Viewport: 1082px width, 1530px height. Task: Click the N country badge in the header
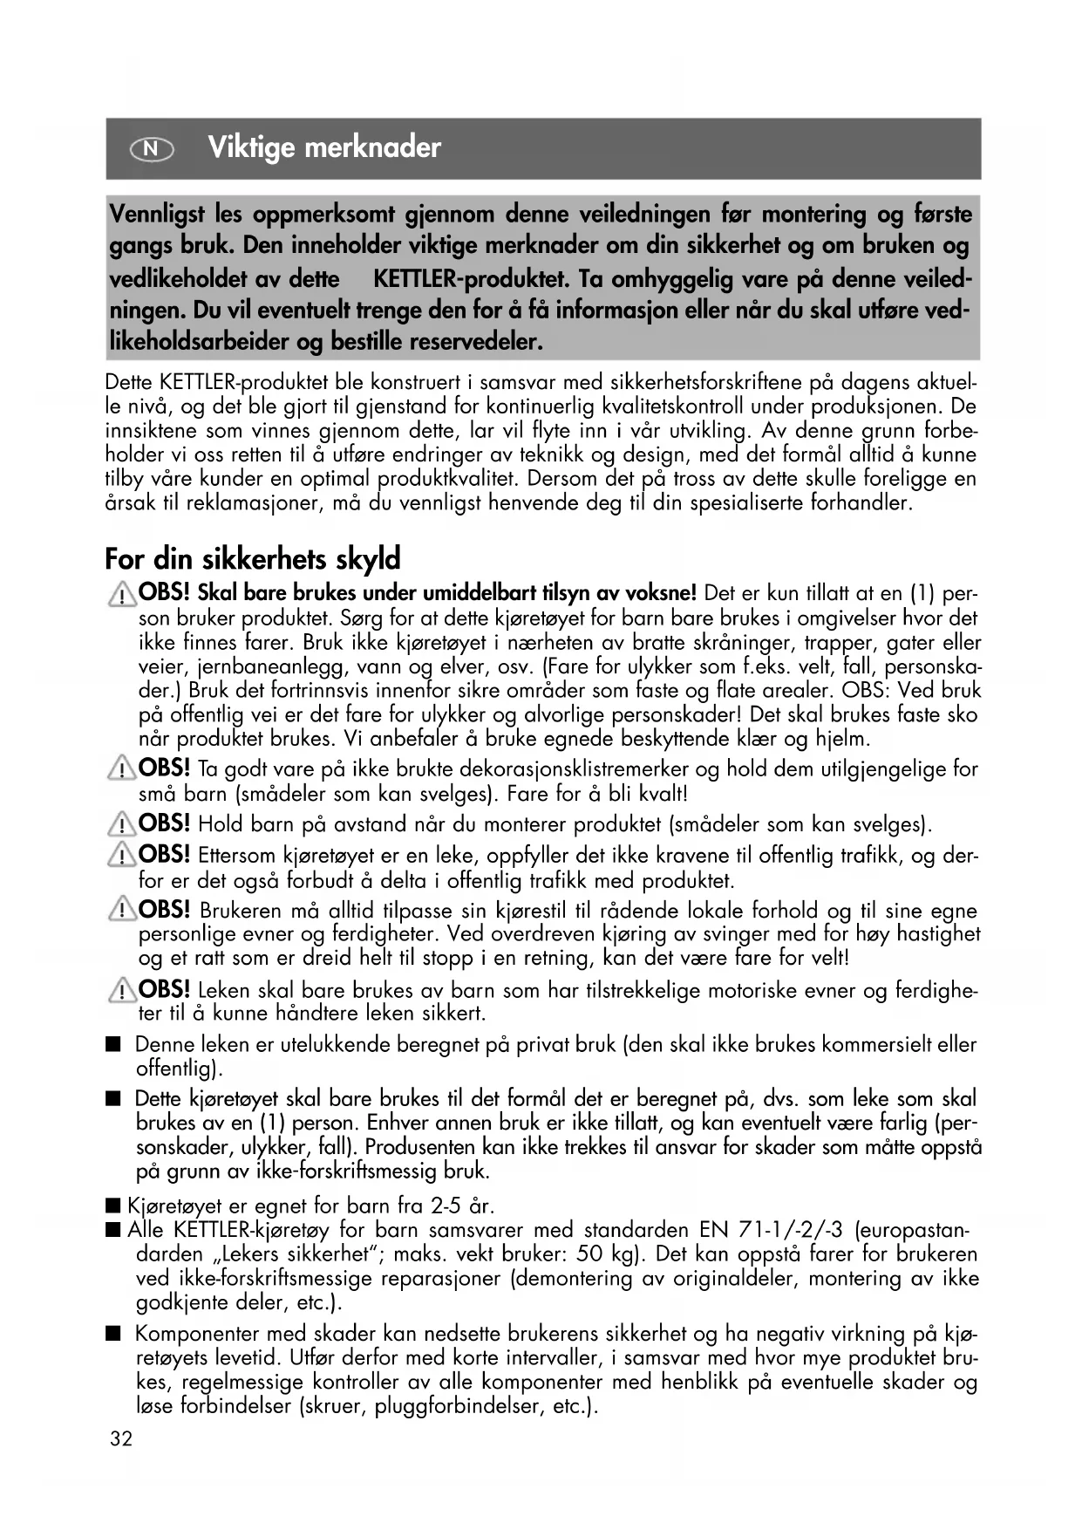[152, 149]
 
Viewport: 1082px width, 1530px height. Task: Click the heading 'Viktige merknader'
[324, 147]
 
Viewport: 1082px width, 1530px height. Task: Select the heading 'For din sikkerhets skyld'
[252, 557]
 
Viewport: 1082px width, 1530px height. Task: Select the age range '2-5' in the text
[447, 1206]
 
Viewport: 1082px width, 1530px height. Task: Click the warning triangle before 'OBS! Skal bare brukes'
[121, 596]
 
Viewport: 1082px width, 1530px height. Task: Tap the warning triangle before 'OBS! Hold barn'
[121, 824]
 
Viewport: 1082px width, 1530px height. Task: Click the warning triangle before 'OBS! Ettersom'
[121, 856]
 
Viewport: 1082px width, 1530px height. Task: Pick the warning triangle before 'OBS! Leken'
[121, 991]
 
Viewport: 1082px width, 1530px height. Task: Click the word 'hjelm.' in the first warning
[843, 739]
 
